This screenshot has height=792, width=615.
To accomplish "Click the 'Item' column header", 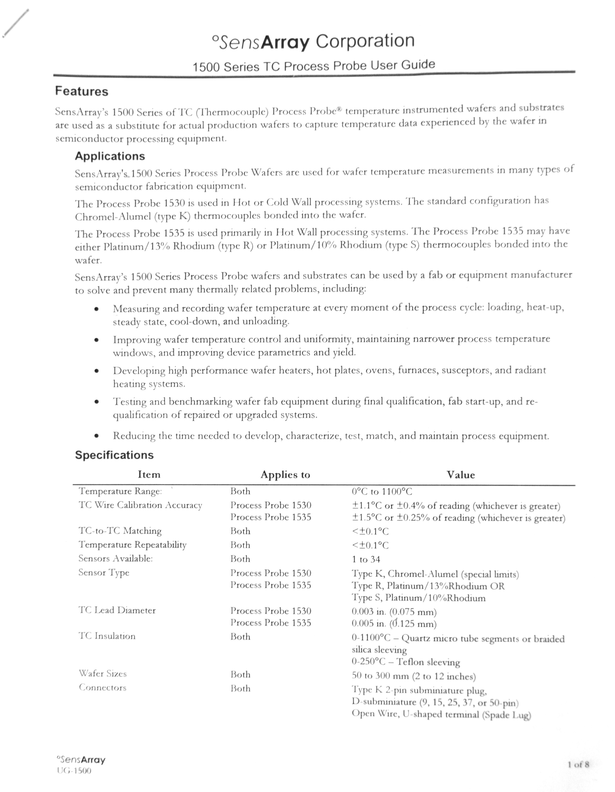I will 149,474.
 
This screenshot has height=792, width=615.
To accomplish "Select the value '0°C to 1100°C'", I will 382,492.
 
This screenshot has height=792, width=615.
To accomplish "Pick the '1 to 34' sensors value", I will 366,560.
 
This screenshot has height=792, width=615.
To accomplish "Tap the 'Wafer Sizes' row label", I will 103,674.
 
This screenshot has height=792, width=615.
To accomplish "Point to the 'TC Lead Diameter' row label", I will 117,610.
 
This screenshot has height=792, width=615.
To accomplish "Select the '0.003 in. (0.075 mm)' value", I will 394,612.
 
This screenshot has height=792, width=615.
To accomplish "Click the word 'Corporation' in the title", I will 365,41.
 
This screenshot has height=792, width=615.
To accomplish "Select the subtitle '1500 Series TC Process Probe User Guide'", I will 314,66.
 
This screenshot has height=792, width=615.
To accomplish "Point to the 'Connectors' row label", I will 103,688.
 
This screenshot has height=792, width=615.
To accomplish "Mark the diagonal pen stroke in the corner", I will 15,23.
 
